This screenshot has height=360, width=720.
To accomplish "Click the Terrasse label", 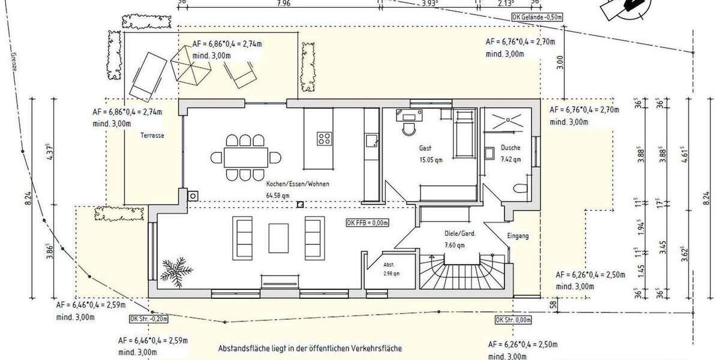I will click(x=152, y=136).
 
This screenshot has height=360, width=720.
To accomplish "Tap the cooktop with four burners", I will click(x=325, y=139).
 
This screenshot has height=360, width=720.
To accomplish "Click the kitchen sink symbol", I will click(x=370, y=140).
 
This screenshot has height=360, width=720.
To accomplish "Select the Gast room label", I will click(x=425, y=148).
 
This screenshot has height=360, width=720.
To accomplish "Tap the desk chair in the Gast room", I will click(x=410, y=128).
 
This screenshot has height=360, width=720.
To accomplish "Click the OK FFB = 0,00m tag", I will click(x=368, y=223).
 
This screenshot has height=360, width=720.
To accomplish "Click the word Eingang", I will click(x=518, y=236).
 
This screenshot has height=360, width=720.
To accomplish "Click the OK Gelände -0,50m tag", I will click(x=537, y=17).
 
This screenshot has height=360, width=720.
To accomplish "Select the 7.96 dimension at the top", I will click(x=284, y=3).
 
